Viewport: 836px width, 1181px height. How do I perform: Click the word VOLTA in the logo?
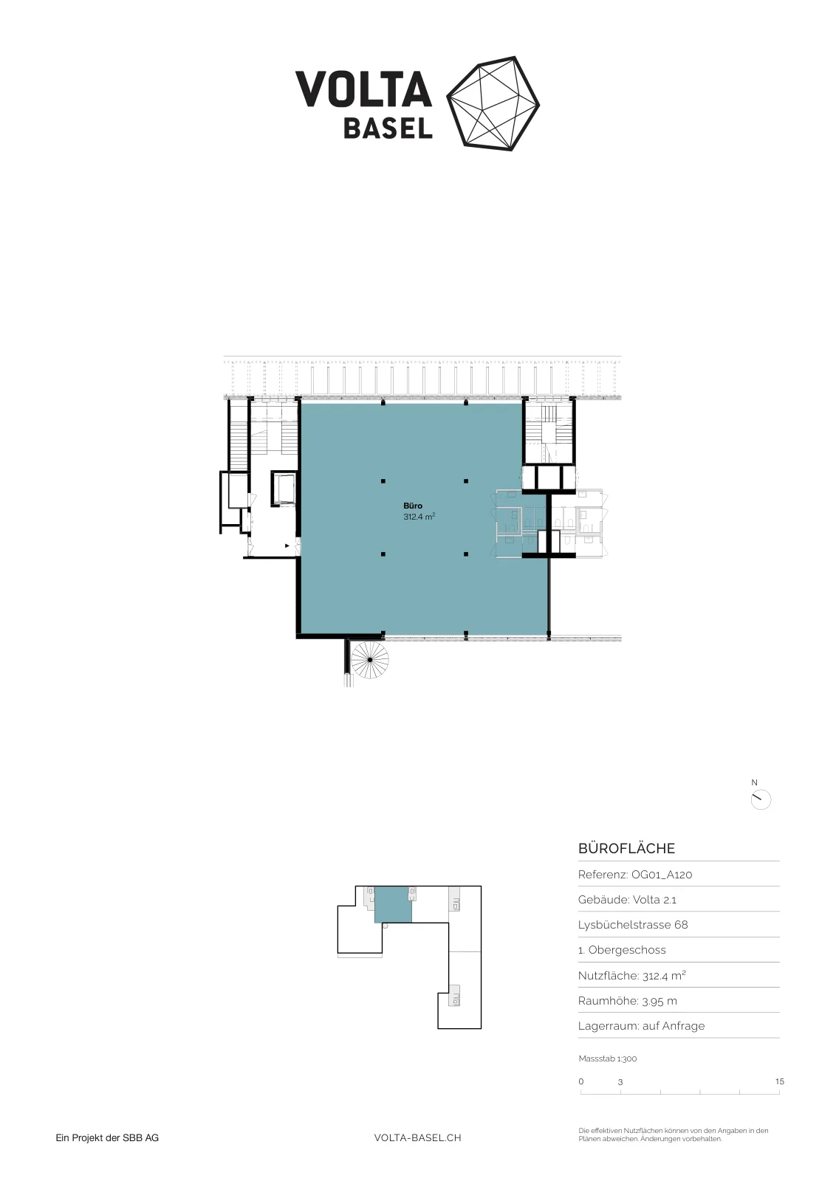(363, 89)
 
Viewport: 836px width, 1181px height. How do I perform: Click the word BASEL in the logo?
(388, 128)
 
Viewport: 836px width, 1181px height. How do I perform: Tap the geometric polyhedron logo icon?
(493, 103)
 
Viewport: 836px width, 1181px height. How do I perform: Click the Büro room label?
(413, 506)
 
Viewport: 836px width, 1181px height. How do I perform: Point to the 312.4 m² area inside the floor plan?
(419, 517)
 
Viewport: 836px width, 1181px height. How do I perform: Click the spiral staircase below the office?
(370, 660)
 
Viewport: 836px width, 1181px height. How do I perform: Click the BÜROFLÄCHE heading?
(626, 848)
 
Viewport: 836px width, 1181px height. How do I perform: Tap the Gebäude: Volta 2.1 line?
(627, 900)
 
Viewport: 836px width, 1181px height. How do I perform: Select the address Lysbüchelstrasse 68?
(633, 925)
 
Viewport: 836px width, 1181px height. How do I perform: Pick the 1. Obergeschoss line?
(622, 950)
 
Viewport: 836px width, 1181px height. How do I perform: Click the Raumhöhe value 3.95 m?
(659, 1001)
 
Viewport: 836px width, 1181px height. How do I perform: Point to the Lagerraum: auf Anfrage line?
(641, 1026)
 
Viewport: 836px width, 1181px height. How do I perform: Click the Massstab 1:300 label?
(608, 1058)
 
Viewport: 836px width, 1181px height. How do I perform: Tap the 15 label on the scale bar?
(780, 1081)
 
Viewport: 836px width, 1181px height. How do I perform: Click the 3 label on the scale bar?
(620, 1082)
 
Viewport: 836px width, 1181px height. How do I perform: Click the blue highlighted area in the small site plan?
(393, 904)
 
